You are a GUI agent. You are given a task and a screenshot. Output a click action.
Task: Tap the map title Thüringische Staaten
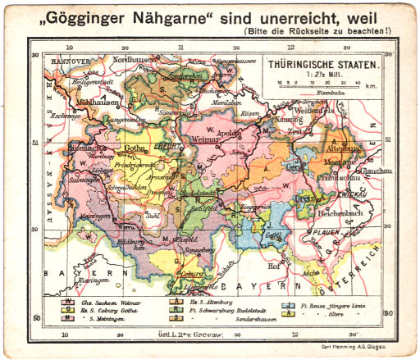pyautogui.click(x=322, y=63)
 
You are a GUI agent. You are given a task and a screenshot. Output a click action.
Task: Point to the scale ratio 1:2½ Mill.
pyautogui.click(x=322, y=73)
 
